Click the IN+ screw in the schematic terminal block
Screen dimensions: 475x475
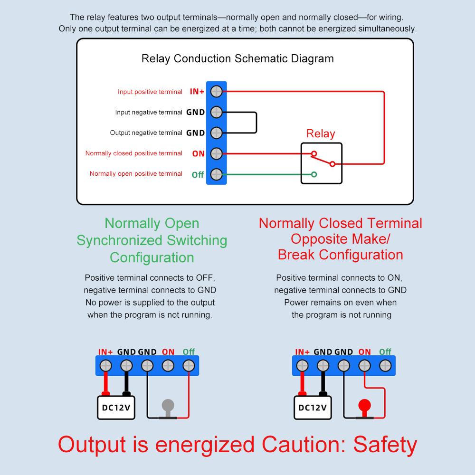(x=217, y=91)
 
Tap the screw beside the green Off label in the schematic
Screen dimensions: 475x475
(x=217, y=174)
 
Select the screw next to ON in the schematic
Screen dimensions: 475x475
(x=217, y=153)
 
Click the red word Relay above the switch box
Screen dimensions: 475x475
(x=320, y=133)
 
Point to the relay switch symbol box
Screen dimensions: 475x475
(x=321, y=163)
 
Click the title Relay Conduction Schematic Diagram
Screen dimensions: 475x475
(x=237, y=59)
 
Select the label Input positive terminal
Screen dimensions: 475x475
(x=150, y=92)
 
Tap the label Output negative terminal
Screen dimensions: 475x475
(x=146, y=133)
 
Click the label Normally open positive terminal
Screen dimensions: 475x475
(x=136, y=174)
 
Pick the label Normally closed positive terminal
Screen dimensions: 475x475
(x=134, y=153)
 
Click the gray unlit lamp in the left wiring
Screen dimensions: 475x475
(x=168, y=406)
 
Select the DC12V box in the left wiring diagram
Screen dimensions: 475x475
(x=116, y=408)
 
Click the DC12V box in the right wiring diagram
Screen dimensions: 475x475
(x=313, y=408)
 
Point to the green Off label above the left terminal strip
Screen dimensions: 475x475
(x=189, y=352)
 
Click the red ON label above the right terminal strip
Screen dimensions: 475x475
(x=364, y=352)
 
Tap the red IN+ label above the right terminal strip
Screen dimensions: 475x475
(x=302, y=352)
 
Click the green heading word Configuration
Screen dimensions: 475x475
(x=152, y=257)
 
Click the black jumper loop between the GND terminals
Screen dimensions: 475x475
(x=256, y=123)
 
